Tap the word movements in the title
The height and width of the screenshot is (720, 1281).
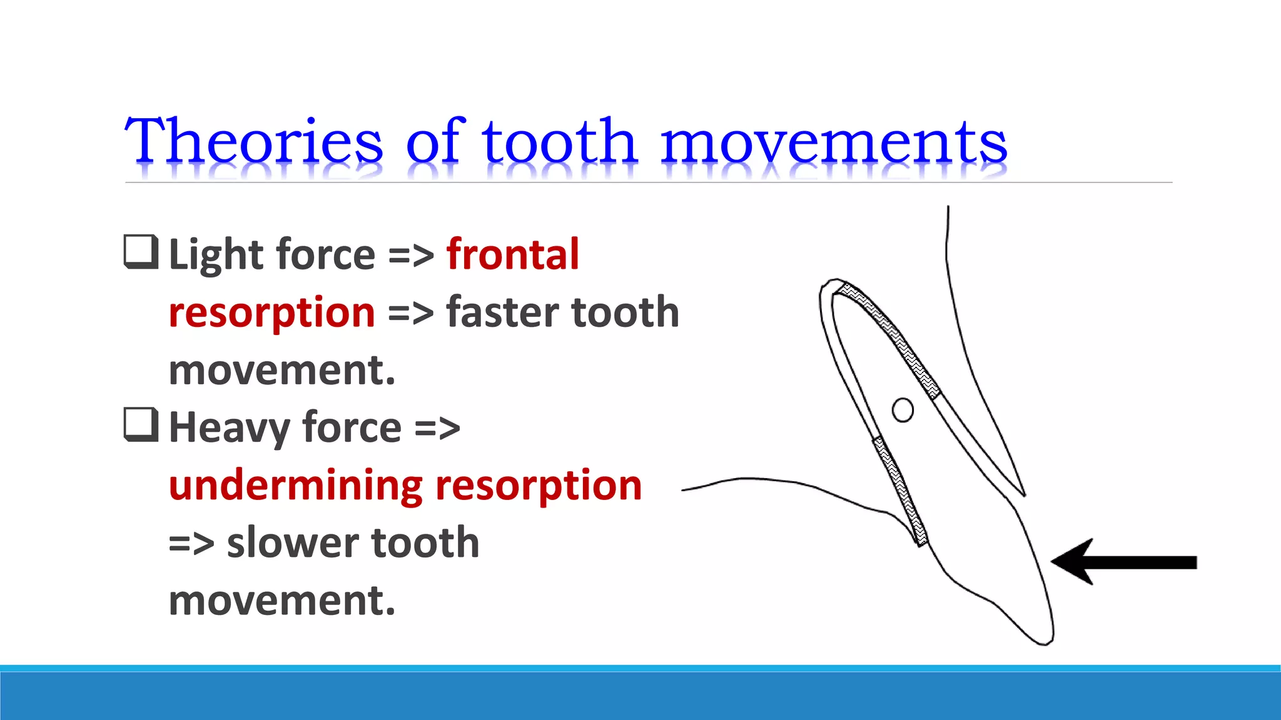[x=833, y=142]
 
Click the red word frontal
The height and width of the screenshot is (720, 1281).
[x=513, y=254]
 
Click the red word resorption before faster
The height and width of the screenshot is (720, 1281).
[x=271, y=312]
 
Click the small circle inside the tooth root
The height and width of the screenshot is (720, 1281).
[x=902, y=410]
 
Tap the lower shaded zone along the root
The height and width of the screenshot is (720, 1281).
[x=901, y=491]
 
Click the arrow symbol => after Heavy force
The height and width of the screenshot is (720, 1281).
[x=437, y=429]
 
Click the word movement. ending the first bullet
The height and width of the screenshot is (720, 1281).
[x=282, y=370]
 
